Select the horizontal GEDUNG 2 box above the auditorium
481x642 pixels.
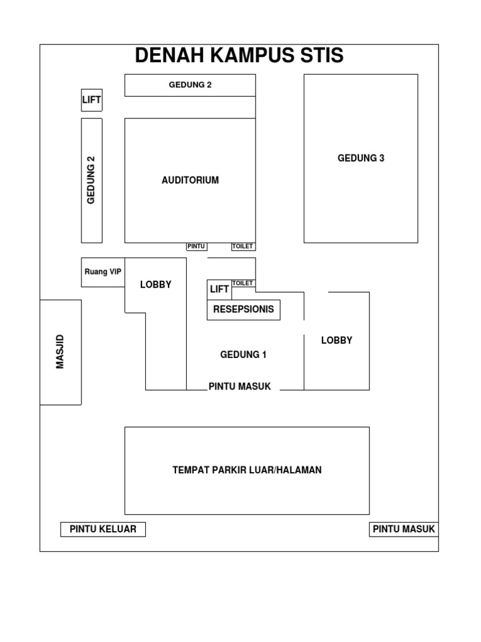[190, 85]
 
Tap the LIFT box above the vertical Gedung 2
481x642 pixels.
[91, 100]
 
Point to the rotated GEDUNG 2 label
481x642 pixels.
[91, 180]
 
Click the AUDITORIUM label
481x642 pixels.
[190, 181]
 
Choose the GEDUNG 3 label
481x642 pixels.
[361, 158]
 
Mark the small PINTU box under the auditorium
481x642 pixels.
[196, 246]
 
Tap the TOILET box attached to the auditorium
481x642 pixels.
[243, 246]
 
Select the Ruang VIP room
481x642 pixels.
[103, 272]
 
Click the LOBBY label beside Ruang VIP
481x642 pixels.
[155, 285]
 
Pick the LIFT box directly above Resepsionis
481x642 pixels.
[219, 290]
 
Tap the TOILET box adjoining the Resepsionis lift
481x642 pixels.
[243, 283]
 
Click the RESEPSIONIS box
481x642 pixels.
[243, 310]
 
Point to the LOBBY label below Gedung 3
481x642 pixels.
[336, 340]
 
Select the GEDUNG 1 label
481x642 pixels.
[243, 355]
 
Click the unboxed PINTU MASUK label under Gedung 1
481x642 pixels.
[240, 387]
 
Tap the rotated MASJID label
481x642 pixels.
[61, 352]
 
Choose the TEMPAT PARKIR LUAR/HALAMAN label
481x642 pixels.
[247, 470]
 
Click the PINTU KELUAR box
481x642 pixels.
[103, 529]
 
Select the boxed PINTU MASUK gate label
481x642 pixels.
[403, 529]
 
